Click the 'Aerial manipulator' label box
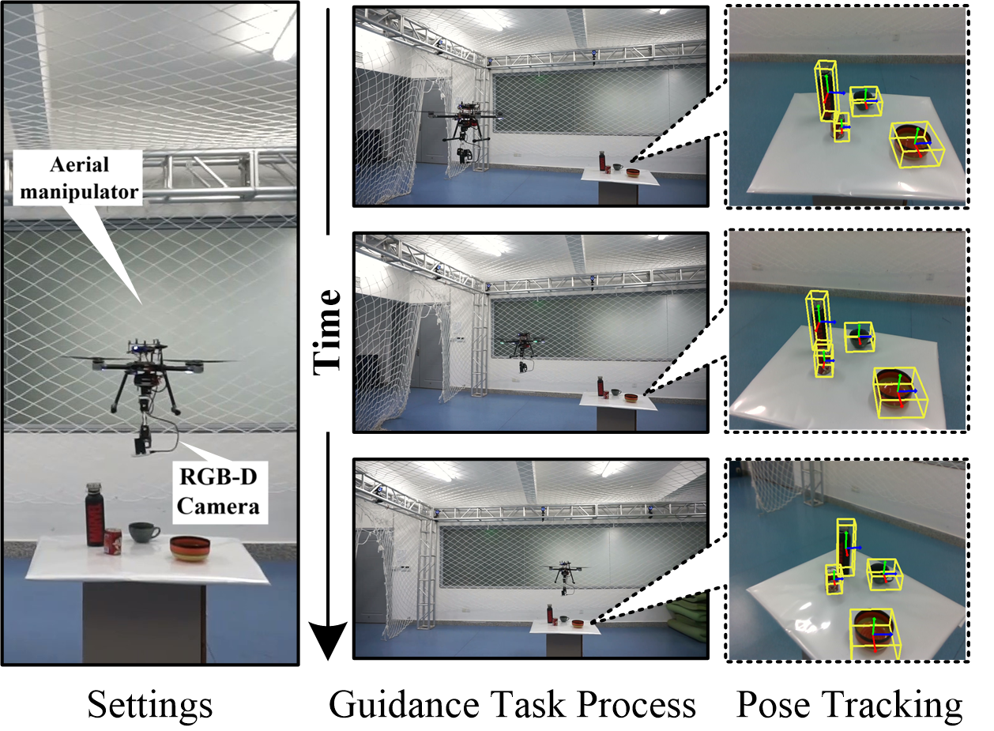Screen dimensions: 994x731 (x=78, y=178)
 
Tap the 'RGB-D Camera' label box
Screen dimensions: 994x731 (x=220, y=492)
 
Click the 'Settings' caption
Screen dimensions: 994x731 (x=150, y=705)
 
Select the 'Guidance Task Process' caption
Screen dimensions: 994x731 (x=512, y=705)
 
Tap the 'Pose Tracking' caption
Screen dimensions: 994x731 (x=849, y=705)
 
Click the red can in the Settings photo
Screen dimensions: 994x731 (x=113, y=541)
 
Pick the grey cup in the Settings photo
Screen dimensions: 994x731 (x=143, y=532)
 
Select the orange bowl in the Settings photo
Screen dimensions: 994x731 (x=190, y=548)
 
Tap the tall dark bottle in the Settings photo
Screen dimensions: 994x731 (x=95, y=514)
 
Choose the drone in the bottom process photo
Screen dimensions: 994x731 (x=566, y=577)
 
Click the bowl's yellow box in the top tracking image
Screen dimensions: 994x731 (x=917, y=145)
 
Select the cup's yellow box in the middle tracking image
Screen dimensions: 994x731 (x=860, y=337)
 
